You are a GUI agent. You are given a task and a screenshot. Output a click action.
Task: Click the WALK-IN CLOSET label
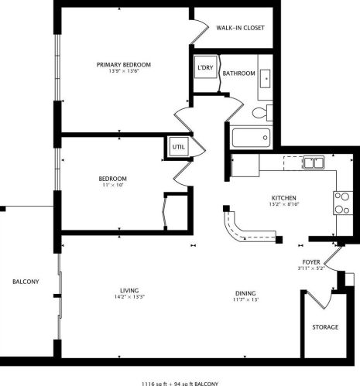pos(240,28)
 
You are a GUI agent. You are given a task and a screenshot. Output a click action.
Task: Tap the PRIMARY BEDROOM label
pos(124,64)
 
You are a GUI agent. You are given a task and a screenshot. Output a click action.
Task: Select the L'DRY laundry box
pos(205,67)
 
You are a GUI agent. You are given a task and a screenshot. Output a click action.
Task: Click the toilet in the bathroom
pos(262,113)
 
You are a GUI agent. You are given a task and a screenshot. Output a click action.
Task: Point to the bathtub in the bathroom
pos(251,138)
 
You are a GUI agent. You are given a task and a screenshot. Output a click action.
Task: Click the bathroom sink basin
pos(265,78)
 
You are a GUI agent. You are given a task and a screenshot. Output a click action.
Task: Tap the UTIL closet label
pos(179,147)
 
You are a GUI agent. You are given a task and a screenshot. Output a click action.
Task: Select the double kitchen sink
pos(314,162)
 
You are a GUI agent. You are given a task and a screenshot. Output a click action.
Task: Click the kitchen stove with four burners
pos(343,203)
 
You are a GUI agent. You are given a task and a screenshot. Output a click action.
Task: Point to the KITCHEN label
pos(284,198)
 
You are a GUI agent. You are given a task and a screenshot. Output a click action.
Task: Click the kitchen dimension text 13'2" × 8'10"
pos(284,204)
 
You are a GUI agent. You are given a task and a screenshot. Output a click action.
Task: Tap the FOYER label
pos(311,262)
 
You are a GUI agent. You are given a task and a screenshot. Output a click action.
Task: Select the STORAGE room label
pos(325,327)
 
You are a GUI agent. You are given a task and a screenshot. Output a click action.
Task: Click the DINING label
pos(245,293)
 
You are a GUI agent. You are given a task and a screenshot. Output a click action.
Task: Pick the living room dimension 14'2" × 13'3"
pos(129,297)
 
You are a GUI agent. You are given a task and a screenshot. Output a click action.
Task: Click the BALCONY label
pos(26,282)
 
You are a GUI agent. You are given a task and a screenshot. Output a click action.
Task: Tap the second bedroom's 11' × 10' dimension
pos(113,185)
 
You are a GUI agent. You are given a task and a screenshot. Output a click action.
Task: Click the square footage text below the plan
pos(180,384)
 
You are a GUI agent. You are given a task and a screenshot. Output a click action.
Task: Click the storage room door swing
pos(319,299)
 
